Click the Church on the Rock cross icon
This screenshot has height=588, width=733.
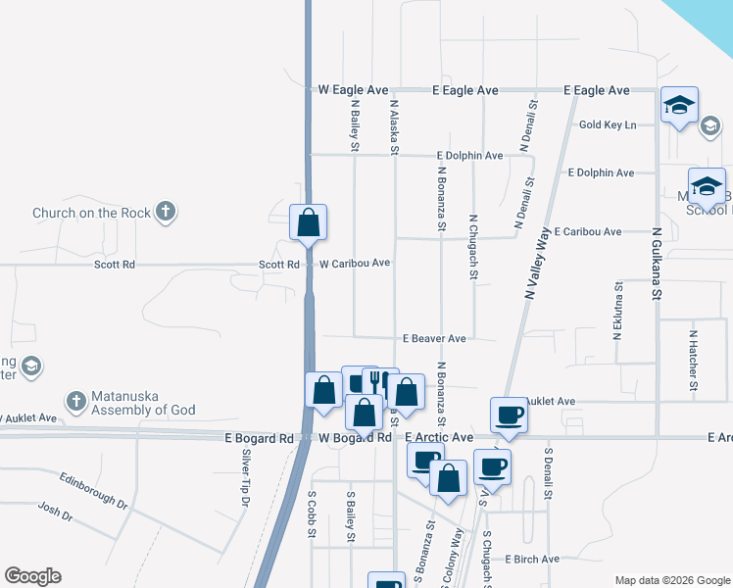(167, 212)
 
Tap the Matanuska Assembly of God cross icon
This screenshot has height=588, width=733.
(76, 401)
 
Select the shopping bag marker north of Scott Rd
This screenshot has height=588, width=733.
(309, 222)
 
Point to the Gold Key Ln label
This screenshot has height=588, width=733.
(608, 124)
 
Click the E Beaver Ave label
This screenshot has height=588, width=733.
(434, 338)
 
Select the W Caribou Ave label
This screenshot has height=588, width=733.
(354, 264)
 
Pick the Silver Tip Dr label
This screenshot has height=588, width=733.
(245, 479)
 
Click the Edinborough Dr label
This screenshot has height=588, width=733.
(94, 489)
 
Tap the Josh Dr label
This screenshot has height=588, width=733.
(56, 514)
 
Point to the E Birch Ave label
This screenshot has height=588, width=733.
(532, 560)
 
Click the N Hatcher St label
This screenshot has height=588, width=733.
(693, 360)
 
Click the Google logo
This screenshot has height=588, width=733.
(32, 576)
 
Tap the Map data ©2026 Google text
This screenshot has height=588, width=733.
(671, 580)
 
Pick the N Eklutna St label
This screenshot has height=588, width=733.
(618, 312)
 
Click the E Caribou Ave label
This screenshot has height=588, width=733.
(587, 232)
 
